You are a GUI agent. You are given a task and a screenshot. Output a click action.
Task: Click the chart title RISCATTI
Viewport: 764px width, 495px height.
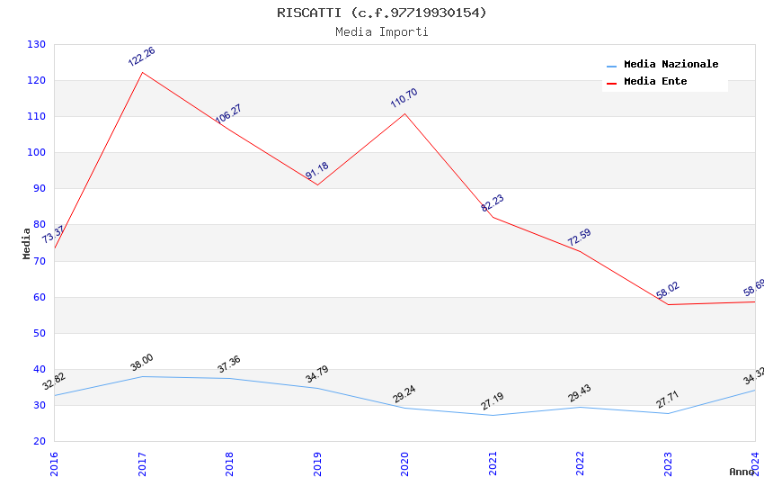[x=382, y=13]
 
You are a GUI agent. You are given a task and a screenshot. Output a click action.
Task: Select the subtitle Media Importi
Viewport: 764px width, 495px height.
[x=382, y=32]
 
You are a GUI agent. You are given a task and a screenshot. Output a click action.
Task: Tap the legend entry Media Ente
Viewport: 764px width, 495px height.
[x=655, y=82]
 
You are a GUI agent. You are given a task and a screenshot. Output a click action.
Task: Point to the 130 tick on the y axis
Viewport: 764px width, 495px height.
[x=37, y=45]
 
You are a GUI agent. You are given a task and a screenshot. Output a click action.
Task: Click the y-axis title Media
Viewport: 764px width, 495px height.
[x=27, y=243]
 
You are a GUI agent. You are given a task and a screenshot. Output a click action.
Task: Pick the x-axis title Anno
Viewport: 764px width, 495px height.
[x=742, y=472]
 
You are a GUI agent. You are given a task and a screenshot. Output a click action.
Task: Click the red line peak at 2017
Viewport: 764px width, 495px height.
[x=142, y=72]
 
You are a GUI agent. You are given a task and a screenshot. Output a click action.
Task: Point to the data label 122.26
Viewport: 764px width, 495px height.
[x=141, y=57]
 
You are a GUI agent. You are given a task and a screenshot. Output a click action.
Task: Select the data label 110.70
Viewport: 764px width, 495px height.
[x=404, y=98]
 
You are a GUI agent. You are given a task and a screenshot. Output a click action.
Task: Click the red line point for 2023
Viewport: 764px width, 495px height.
[x=668, y=304]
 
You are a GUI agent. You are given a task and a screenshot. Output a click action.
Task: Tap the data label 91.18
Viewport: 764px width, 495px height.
[x=317, y=171]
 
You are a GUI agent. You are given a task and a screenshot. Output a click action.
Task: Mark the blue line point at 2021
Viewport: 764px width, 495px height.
[x=493, y=415]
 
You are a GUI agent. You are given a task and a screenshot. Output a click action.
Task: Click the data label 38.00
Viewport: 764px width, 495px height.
[x=141, y=363]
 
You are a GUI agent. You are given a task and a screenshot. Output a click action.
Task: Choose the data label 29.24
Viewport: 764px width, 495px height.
[x=404, y=394]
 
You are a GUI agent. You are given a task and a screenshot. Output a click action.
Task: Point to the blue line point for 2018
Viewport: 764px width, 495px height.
[x=229, y=378]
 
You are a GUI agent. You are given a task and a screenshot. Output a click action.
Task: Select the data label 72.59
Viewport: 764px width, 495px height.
[x=579, y=238]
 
